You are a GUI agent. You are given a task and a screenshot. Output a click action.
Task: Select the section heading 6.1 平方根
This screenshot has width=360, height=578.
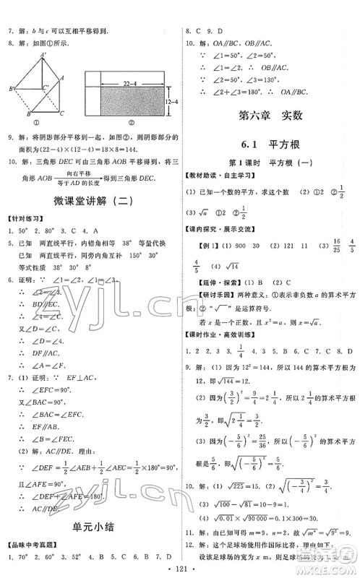click(267, 145)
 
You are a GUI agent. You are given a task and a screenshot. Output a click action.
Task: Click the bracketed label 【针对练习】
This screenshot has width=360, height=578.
click(24, 217)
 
